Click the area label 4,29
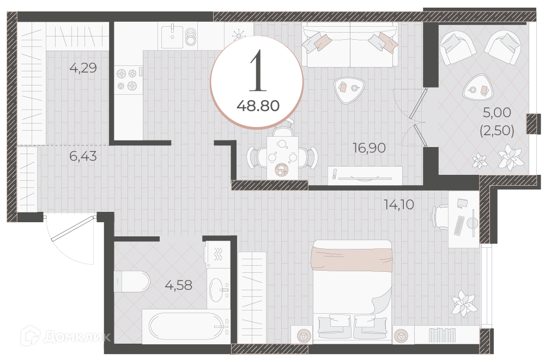pos(83,68)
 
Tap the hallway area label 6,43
pos(83,156)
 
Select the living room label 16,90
pos(369,148)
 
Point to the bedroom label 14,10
pos(399,204)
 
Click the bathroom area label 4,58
pos(178,285)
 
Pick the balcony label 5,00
pos(497,112)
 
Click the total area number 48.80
pos(258,106)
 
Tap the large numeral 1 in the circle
pos(258,71)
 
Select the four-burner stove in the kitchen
pos(129,80)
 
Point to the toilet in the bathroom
pos(132,282)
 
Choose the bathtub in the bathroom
pos(186,326)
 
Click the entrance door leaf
pos(73,228)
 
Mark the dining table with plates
pos(282,158)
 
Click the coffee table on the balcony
pos(478,88)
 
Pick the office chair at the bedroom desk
pos(440,217)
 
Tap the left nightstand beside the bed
pos(302,335)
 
